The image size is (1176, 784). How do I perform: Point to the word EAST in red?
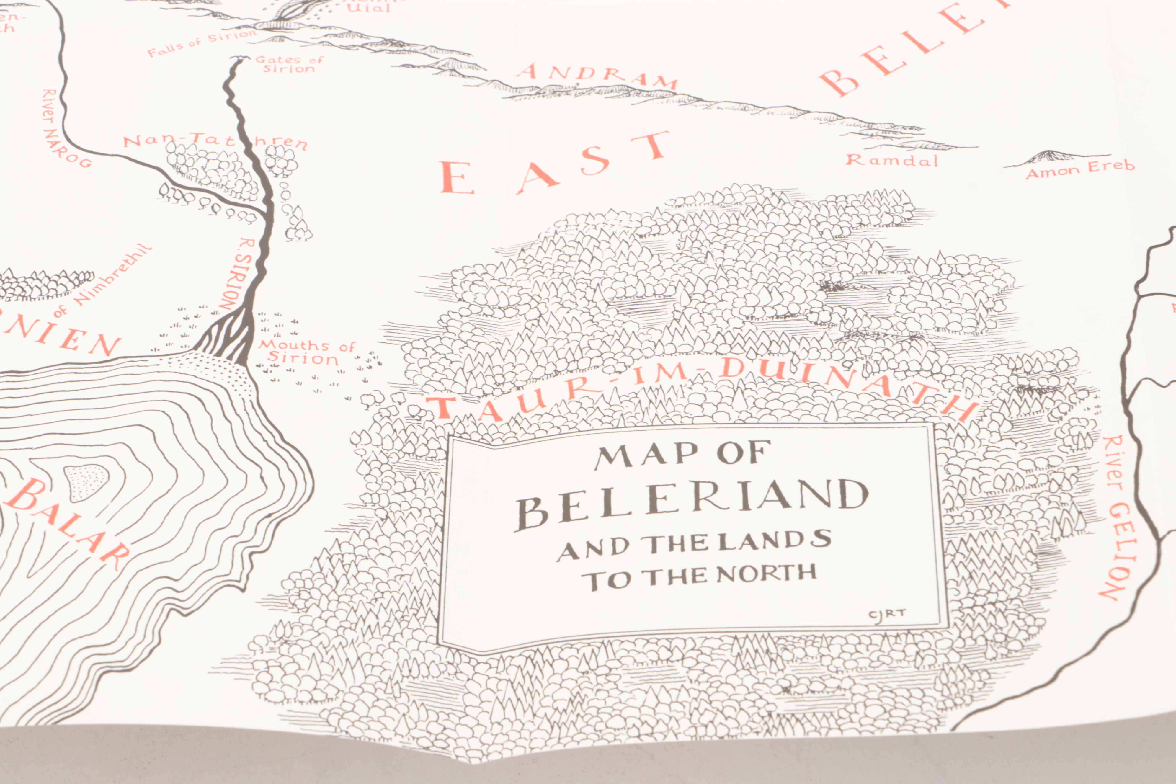[555, 165]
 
